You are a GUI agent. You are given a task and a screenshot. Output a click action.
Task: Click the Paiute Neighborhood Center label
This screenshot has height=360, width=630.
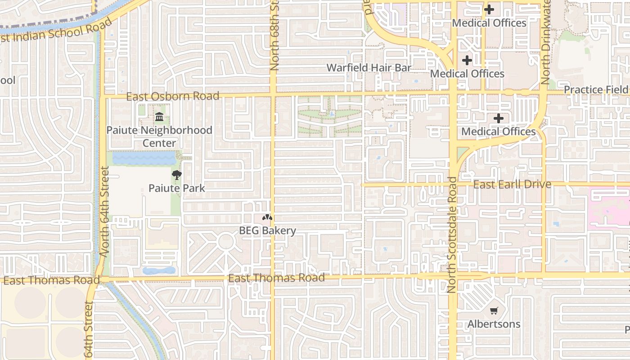pyautogui.click(x=159, y=136)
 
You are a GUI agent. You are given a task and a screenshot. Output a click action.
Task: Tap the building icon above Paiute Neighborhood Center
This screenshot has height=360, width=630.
pyautogui.click(x=159, y=117)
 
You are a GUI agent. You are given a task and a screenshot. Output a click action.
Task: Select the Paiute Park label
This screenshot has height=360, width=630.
pyautogui.click(x=177, y=188)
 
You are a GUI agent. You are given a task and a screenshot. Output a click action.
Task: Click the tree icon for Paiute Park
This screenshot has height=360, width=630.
pyautogui.click(x=177, y=175)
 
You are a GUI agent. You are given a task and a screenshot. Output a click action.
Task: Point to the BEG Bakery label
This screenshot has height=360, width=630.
pyautogui.click(x=267, y=231)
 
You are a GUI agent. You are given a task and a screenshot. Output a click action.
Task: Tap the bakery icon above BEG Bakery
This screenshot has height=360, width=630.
pyautogui.click(x=267, y=218)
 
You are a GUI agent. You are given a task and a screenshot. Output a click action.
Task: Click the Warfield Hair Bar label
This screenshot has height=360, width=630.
pyautogui.click(x=369, y=67)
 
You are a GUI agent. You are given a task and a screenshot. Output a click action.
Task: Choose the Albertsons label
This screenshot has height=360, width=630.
pyautogui.click(x=494, y=324)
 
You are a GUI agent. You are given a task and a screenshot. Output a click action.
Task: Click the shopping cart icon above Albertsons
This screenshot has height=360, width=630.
pyautogui.click(x=494, y=310)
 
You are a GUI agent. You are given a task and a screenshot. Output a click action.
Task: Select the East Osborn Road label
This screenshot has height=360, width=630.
pyautogui.click(x=173, y=96)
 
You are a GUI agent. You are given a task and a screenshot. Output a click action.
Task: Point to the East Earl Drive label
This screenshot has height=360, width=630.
pyautogui.click(x=512, y=184)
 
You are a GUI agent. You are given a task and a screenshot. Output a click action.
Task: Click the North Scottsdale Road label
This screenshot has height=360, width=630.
pyautogui.click(x=452, y=235)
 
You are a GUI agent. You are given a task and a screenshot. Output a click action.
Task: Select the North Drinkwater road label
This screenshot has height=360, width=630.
pyautogui.click(x=545, y=43)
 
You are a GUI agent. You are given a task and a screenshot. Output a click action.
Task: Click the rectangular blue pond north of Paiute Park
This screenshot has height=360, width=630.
pyautogui.click(x=144, y=158)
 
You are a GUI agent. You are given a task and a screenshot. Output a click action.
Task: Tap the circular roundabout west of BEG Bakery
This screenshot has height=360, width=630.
pyautogui.click(x=225, y=242)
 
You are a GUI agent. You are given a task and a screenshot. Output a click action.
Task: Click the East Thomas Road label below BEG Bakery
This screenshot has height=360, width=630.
pyautogui.click(x=276, y=278)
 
